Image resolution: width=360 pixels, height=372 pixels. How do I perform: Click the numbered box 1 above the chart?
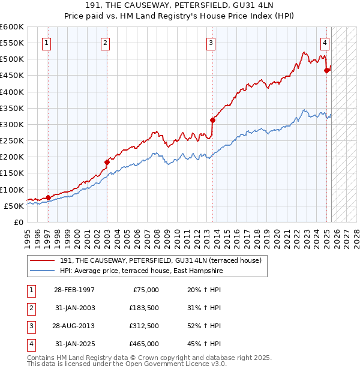pyautogui.click(x=47, y=43)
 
